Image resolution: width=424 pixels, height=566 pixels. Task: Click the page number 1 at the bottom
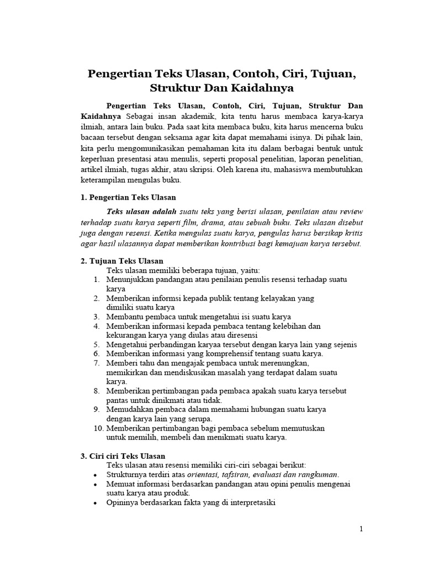pyautogui.click(x=361, y=529)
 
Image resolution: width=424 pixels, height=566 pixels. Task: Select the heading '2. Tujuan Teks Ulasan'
pyautogui.click(x=121, y=261)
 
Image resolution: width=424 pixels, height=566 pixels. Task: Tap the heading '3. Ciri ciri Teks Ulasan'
pyautogui.click(x=123, y=456)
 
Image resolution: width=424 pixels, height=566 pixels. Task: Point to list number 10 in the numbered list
pyautogui.click(x=98, y=428)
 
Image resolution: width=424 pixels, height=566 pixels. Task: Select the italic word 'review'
pyautogui.click(x=352, y=211)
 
